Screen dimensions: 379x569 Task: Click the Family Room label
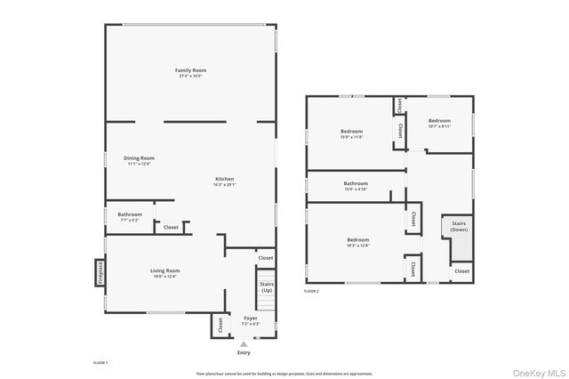tap(191, 70)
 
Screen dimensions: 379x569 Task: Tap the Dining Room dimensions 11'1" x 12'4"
tap(139, 164)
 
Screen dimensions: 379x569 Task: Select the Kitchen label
tap(224, 180)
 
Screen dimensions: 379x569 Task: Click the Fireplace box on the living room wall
tap(100, 272)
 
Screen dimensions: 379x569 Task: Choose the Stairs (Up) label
tap(266, 287)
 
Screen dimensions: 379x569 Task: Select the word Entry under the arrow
tap(244, 353)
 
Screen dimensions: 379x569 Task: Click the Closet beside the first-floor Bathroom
tap(171, 228)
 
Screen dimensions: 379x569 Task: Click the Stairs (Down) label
tap(459, 227)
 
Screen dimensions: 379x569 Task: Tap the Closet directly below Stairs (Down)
tap(461, 270)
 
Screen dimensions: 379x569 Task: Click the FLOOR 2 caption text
tap(311, 291)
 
